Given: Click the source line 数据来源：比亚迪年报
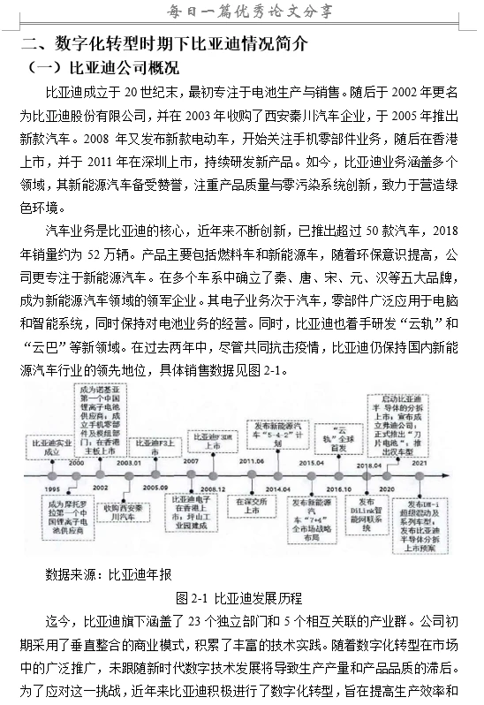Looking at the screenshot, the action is click(109, 574).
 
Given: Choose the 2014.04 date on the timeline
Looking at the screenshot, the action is click(276, 489).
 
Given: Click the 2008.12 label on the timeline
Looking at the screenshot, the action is click(212, 489).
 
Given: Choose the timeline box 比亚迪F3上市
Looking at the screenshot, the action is click(154, 444).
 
